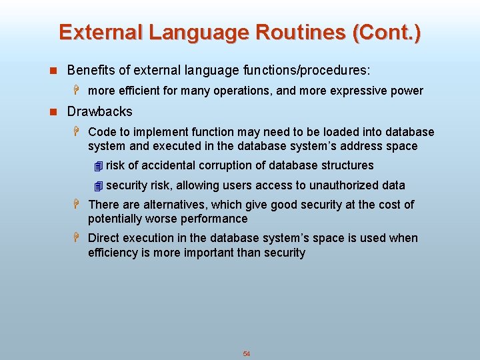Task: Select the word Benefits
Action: (90, 70)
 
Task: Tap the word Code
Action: (101, 132)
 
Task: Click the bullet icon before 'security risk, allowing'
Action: (98, 186)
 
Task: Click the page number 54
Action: (246, 354)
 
